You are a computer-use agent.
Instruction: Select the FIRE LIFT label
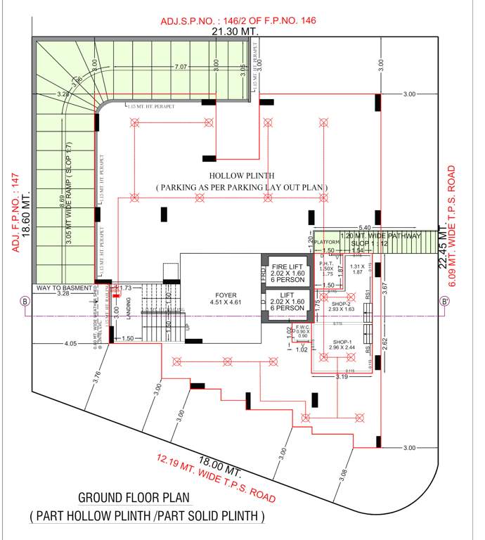pos(287,268)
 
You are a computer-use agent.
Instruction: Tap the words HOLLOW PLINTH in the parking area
pos(241,175)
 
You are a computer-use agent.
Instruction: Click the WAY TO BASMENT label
pos(65,288)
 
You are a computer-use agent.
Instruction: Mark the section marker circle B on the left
pos(25,302)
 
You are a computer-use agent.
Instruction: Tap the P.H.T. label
pos(326,263)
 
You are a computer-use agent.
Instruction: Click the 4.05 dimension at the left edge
pos(70,344)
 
